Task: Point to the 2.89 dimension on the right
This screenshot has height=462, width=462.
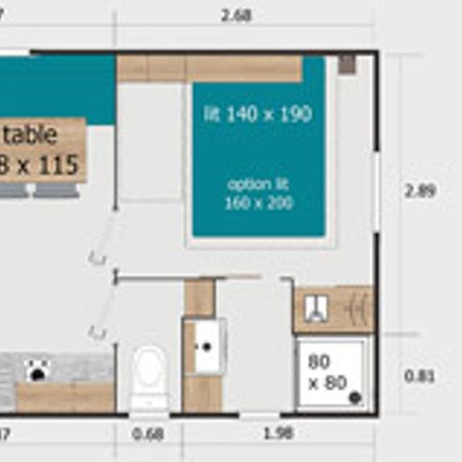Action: coord(420,191)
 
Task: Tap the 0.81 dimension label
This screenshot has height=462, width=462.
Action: coord(420,376)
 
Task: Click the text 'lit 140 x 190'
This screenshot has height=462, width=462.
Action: coord(257,115)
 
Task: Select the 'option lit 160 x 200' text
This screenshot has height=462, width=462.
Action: coord(259,192)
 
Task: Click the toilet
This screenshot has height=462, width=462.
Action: coord(149,375)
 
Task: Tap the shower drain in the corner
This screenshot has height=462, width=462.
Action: coord(355,397)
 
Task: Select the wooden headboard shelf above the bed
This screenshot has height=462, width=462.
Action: coord(209,68)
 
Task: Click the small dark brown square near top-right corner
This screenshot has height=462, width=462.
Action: coord(346,64)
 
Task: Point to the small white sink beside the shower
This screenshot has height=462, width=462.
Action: coord(316,308)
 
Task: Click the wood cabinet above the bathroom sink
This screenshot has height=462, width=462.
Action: coord(199,298)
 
